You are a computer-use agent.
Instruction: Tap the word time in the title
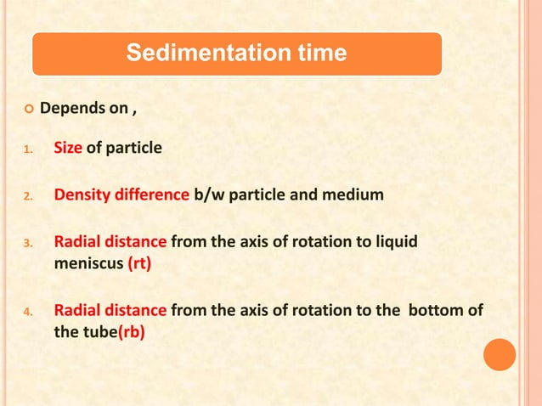click(317, 54)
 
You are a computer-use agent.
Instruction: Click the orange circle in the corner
click(500, 354)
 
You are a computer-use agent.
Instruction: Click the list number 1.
click(27, 150)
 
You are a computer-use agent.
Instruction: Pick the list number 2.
click(27, 197)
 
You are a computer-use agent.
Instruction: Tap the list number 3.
click(27, 243)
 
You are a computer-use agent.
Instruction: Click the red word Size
click(68, 149)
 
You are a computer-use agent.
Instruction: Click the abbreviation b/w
click(210, 195)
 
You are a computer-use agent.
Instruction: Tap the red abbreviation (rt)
click(140, 263)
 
